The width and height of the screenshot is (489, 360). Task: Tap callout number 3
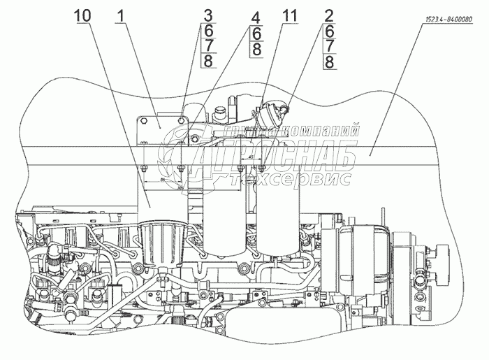[189, 13]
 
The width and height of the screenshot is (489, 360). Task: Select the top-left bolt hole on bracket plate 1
[144, 121]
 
